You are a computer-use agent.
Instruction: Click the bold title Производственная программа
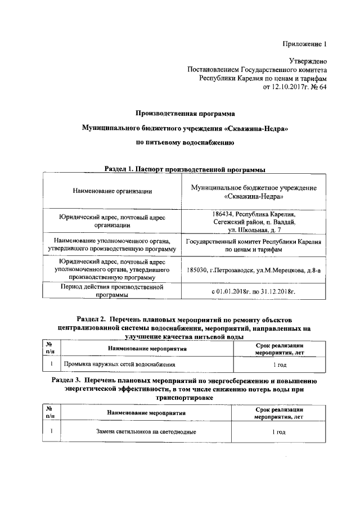185,114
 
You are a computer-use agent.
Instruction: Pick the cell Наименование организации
112,191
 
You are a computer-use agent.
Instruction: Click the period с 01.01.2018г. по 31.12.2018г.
254,292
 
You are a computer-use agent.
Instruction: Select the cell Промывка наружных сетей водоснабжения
116,364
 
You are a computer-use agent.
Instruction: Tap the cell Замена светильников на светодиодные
146,431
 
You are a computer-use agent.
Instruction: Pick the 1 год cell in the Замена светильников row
278,431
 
